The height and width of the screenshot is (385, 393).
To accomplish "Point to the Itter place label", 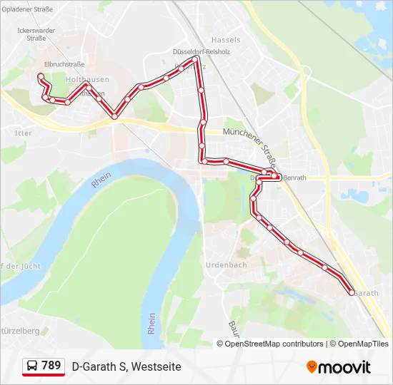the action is [x=24, y=133].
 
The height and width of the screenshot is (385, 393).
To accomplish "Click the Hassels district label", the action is [x=227, y=41].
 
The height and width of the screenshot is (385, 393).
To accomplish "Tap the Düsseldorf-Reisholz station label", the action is [x=202, y=52].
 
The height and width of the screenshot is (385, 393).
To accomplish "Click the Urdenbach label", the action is [x=226, y=265].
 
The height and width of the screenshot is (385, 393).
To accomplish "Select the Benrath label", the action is [x=294, y=178].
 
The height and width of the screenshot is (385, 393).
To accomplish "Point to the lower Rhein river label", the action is [x=151, y=324].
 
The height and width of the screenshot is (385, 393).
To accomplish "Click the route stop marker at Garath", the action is [x=352, y=292].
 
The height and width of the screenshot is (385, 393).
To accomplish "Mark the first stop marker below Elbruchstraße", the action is [x=41, y=76].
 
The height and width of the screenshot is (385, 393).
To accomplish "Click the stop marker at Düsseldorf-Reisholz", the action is [x=195, y=61].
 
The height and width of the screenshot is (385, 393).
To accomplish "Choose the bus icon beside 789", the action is [x=32, y=366].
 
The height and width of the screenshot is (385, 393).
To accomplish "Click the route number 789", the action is [x=51, y=366].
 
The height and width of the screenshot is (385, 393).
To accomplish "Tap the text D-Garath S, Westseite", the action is [x=126, y=366].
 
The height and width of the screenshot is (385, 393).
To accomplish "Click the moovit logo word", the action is [x=344, y=367].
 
